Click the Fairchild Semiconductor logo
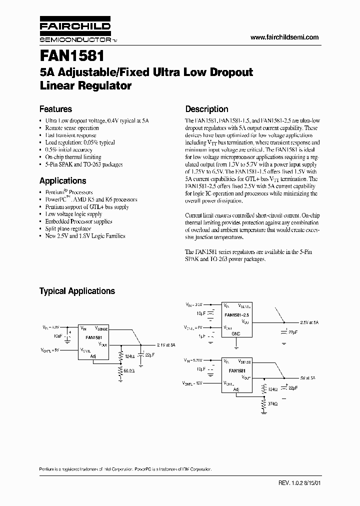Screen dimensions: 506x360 pos(75,31)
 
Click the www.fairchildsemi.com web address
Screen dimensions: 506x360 pos(283,37)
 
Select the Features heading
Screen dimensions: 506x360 pos(55,109)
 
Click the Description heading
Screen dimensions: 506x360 pos(206,109)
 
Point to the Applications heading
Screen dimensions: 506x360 pos(62,181)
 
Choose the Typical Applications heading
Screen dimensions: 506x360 pos(77,291)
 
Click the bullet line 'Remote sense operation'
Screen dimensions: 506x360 pos(72,128)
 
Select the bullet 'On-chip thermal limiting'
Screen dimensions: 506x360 pos(73,157)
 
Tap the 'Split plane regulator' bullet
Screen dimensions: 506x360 pos(68,228)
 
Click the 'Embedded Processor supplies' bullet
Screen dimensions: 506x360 pos(78,221)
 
